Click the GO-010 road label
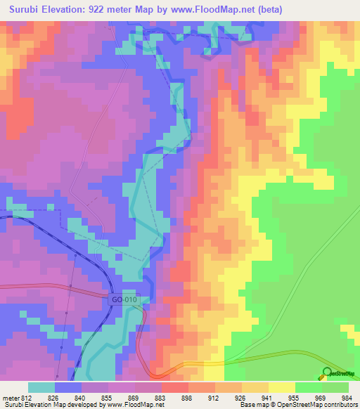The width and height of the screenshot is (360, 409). tap(125, 299)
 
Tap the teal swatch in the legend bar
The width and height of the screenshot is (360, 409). tap(41, 387)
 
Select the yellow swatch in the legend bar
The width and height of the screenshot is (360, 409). tap(281, 387)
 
